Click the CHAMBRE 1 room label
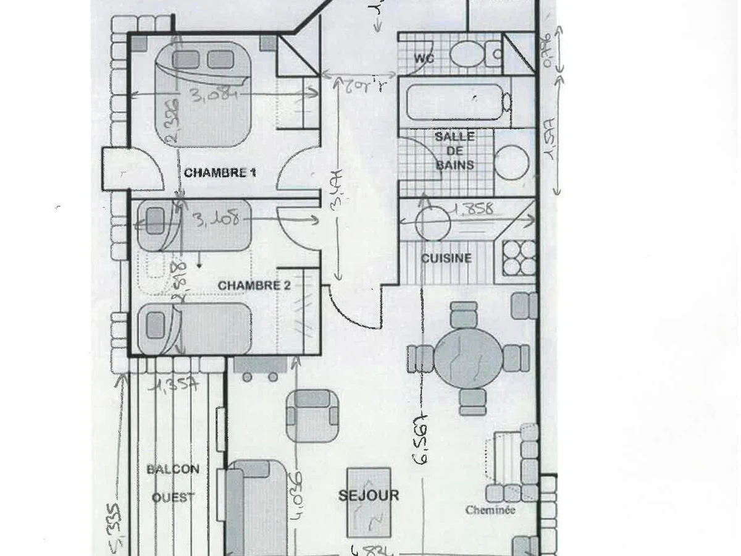click(x=220, y=173)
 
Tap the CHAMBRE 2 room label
click(x=254, y=285)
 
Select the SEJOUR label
click(x=369, y=495)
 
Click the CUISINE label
click(x=446, y=258)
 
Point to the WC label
click(x=424, y=59)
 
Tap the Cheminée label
click(x=490, y=510)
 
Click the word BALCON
click(x=173, y=470)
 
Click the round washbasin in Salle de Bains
click(x=512, y=162)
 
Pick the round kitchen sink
click(x=432, y=224)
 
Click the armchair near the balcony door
click(x=312, y=415)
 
